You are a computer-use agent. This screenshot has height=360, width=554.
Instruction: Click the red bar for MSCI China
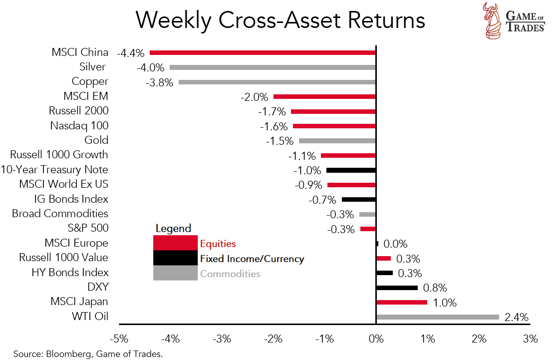[263, 52]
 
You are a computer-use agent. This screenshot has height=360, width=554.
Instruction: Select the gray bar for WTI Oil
[437, 317]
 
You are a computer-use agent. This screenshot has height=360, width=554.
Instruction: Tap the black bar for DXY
[396, 288]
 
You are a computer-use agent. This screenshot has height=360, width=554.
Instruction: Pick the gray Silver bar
[273, 67]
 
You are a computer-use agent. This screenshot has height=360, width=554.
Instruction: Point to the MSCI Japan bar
[401, 302]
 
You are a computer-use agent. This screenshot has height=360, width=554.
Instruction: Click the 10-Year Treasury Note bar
[351, 170]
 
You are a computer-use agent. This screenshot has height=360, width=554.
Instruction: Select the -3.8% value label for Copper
[159, 82]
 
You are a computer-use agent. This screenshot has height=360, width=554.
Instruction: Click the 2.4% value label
[516, 318]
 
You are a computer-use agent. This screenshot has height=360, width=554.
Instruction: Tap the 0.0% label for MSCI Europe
[395, 244]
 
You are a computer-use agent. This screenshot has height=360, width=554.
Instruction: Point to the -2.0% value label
[254, 97]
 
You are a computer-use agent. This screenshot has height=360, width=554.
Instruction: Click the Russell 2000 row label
[78, 111]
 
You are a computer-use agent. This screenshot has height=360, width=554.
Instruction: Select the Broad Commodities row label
[60, 214]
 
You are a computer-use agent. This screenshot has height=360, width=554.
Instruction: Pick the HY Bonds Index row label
[70, 273]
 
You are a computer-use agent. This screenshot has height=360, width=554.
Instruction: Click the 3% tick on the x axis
[531, 339]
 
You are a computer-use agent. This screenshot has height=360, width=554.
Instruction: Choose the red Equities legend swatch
[175, 243]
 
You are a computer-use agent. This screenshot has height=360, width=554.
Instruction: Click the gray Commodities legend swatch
[175, 273]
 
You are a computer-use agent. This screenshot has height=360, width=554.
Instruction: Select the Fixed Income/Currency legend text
[252, 259]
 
